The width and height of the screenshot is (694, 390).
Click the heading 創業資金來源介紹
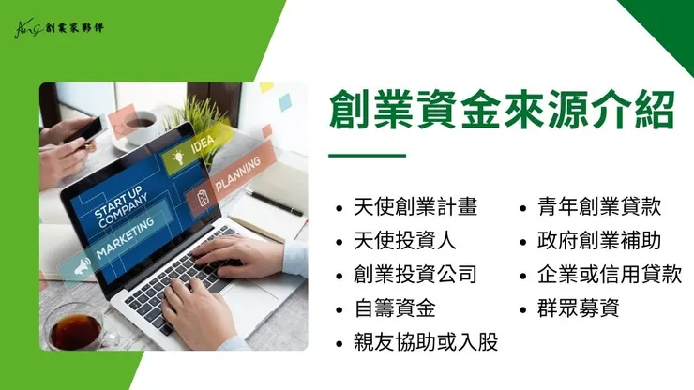coord(502,110)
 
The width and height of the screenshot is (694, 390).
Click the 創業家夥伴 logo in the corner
coord(59,27)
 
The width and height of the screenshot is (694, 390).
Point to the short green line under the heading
coord(368,155)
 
